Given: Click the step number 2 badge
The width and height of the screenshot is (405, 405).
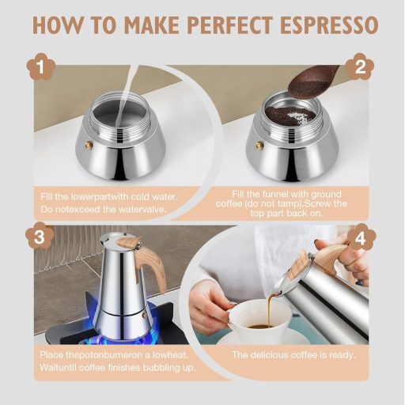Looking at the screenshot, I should (361, 67).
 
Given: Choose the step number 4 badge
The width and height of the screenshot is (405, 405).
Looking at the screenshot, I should (361, 237).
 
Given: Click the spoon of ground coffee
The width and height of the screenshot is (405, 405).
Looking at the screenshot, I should (314, 80).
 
